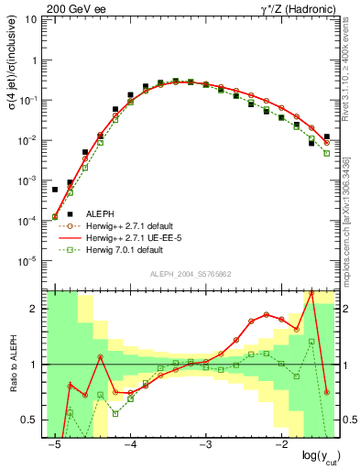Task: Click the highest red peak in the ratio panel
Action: coord(311,292)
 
